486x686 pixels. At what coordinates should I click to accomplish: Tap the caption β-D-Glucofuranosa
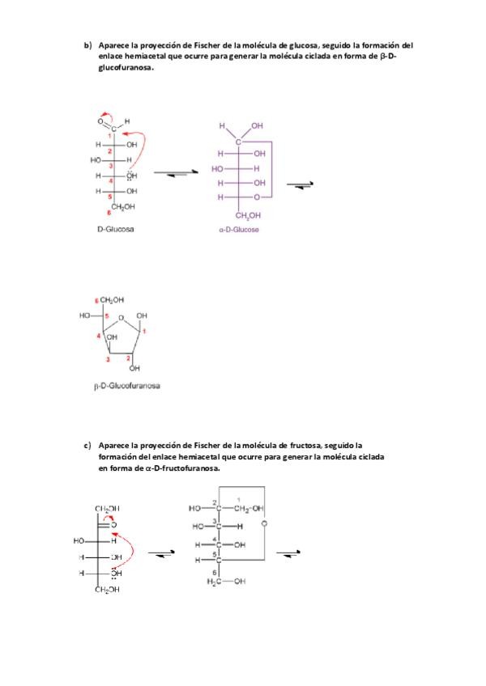(x=127, y=386)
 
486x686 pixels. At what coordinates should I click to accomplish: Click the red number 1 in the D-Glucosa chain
(x=110, y=136)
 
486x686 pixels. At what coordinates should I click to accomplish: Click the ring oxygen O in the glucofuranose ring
(x=121, y=318)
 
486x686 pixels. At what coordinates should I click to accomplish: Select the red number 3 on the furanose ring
(x=107, y=358)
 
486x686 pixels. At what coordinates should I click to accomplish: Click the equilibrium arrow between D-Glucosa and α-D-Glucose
(x=171, y=175)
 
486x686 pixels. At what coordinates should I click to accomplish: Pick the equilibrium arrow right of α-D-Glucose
(x=305, y=185)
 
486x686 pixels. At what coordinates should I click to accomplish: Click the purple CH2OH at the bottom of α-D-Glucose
(x=248, y=216)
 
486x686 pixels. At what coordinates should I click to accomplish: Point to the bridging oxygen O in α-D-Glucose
(x=256, y=197)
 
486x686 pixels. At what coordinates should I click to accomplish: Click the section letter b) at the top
(x=88, y=45)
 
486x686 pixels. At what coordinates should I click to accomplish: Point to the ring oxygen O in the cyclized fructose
(x=265, y=523)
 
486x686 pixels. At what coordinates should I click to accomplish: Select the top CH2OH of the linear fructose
(x=108, y=508)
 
